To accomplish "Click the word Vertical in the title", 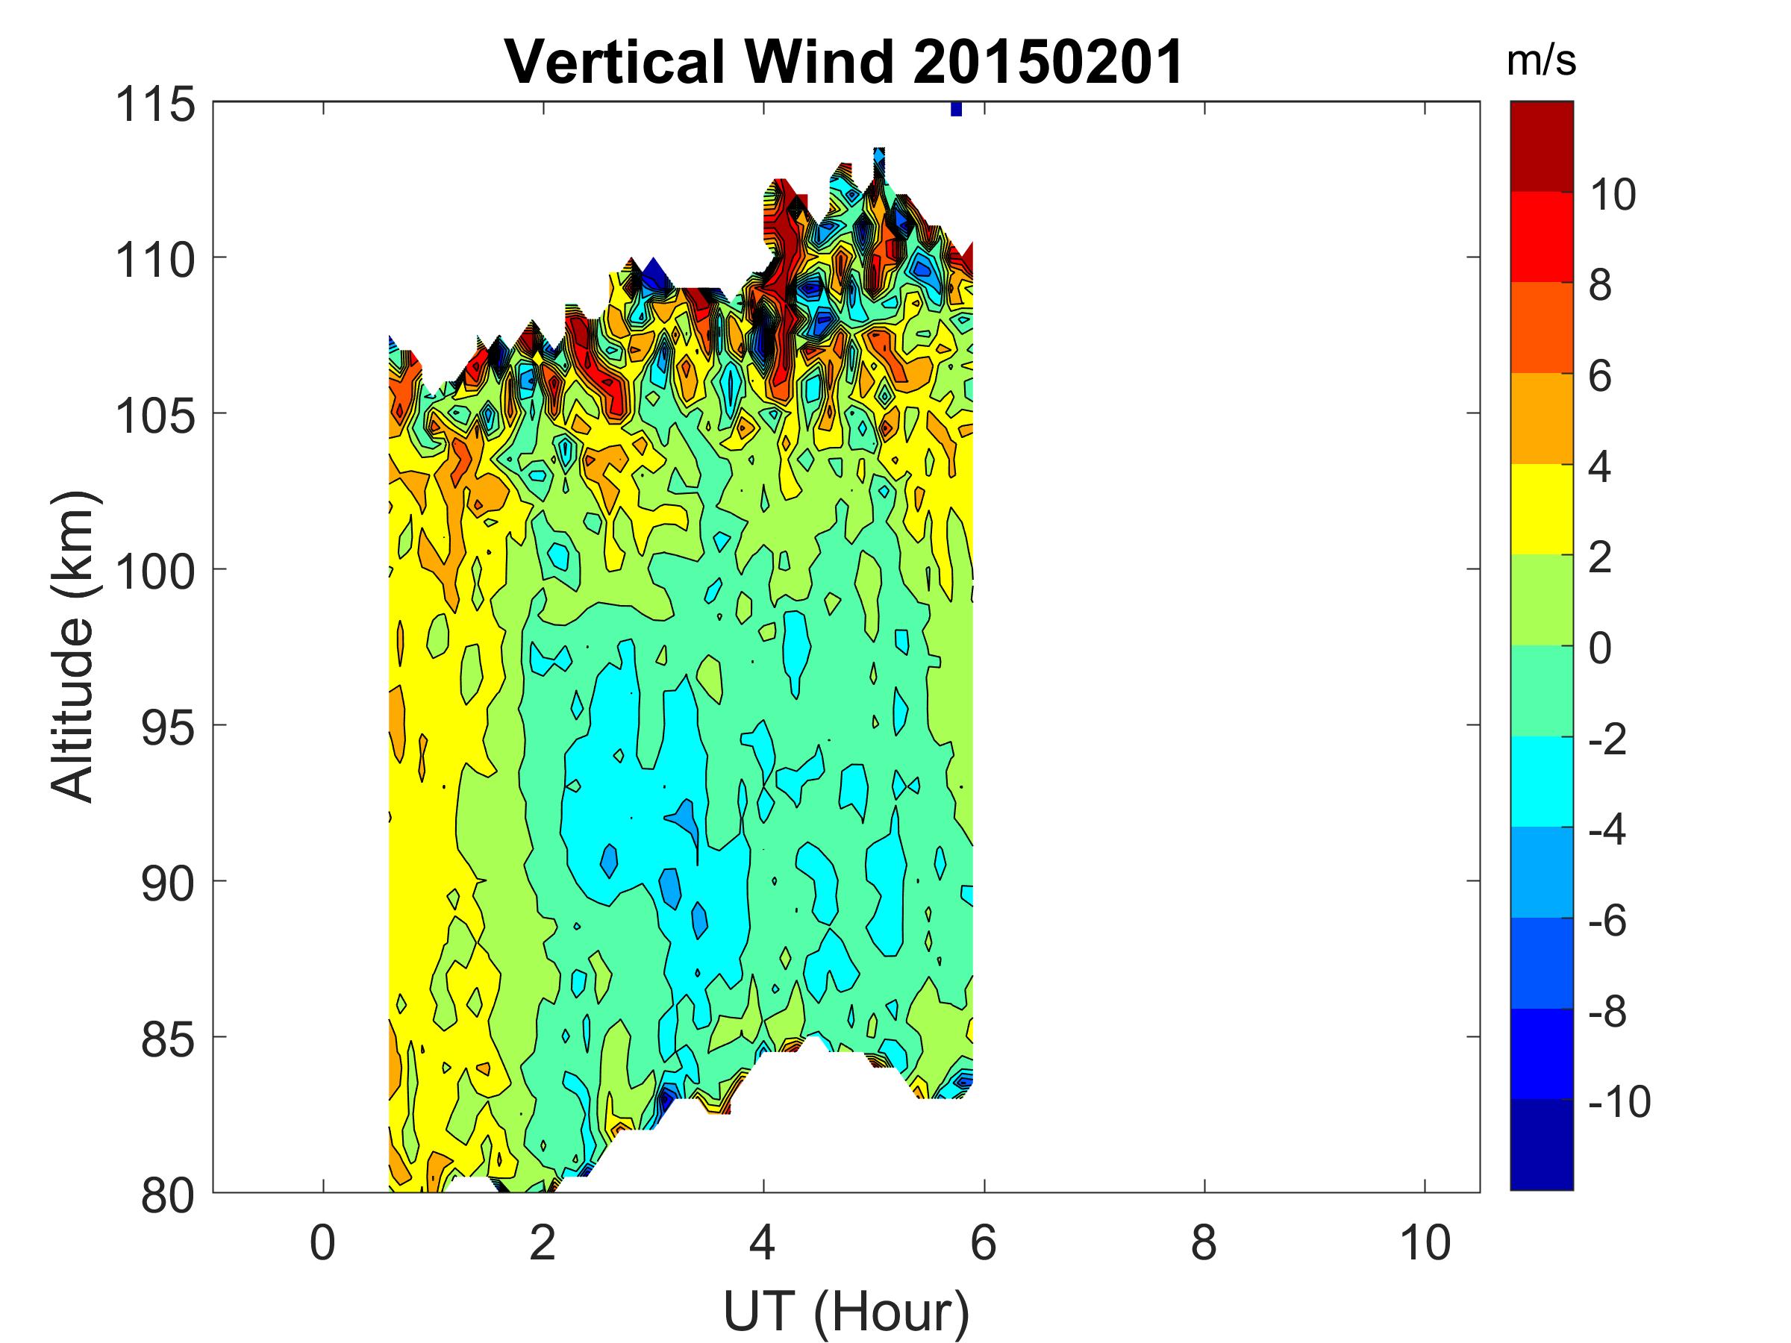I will pos(613,63).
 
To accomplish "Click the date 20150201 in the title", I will pos(1048,63).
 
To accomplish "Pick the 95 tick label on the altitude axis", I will pos(168,728).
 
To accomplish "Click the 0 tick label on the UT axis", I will pos(322,1242).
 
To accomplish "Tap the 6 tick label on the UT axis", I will pos(983,1242).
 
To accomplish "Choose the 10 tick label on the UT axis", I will pos(1425,1242).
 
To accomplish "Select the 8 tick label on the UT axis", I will pos(1203,1242).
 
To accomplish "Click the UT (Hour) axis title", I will pos(846,1312).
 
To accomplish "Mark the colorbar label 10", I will pos(1613,195).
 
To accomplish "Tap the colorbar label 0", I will pos(1600,648).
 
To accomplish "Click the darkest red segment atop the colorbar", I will pos(1541,145).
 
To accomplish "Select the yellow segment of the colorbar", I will pos(1541,508).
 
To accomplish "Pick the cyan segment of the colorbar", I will pos(1541,780).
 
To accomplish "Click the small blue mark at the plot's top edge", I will pos(956,108).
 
